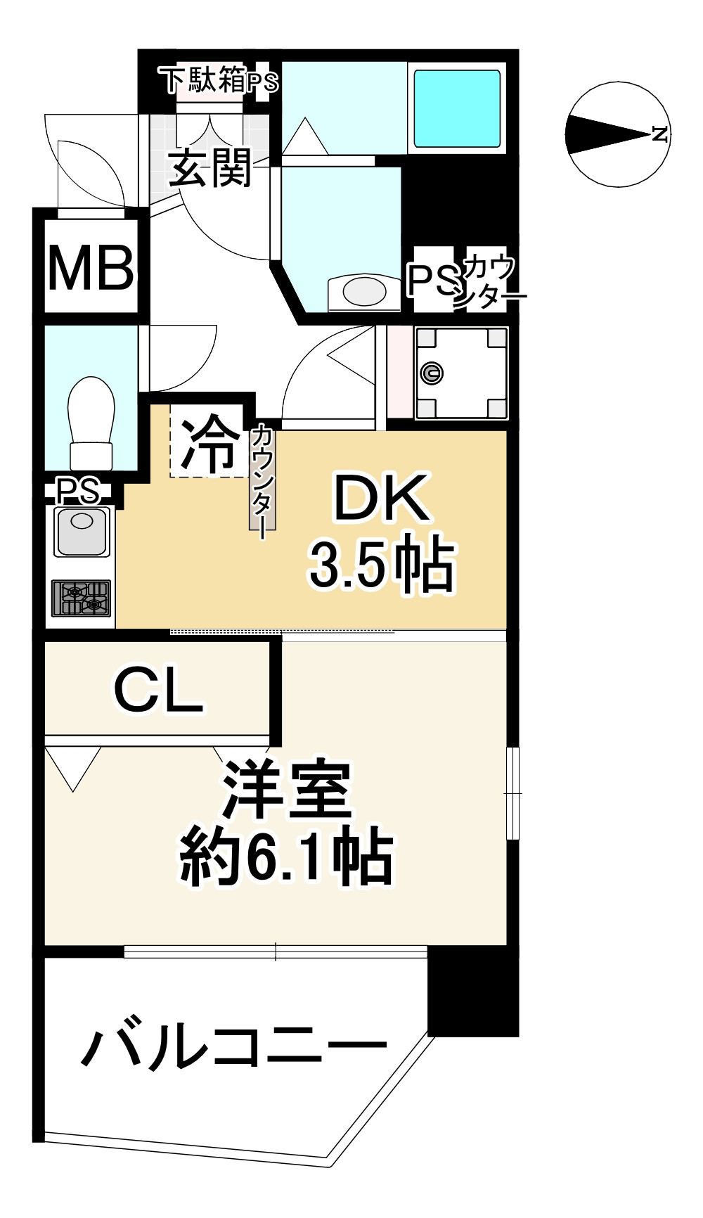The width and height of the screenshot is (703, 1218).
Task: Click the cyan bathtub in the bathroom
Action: point(457,108)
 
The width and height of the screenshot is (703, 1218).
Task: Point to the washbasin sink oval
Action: point(364,290)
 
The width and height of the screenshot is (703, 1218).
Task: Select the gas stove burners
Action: point(82,598)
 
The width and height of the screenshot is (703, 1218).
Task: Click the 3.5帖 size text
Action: point(382,563)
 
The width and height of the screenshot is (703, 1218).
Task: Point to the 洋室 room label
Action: point(287,790)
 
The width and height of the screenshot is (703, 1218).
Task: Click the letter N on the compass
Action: point(659,134)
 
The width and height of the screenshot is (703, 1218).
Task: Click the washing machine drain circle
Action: point(432,373)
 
